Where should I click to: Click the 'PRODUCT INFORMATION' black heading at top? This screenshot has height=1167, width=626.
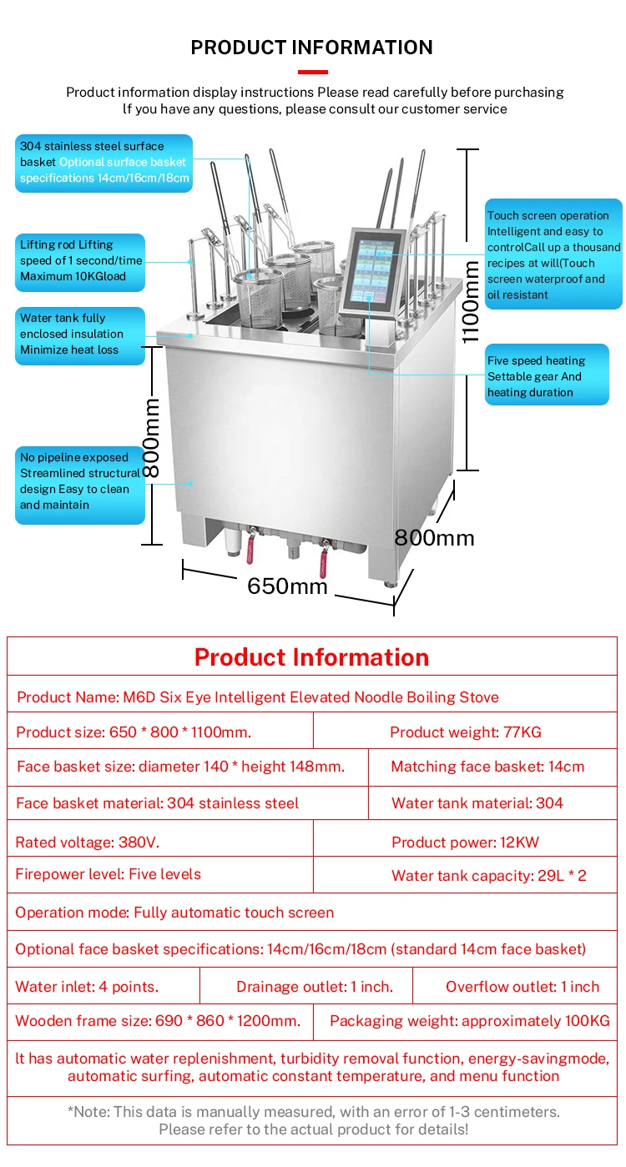click(311, 48)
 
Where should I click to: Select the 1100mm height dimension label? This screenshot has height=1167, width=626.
click(470, 302)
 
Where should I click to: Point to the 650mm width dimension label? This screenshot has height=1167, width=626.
click(287, 586)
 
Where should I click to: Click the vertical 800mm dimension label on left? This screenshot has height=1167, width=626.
click(151, 438)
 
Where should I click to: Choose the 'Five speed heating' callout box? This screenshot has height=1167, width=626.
click(547, 375)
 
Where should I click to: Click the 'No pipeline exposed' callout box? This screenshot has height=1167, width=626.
click(80, 485)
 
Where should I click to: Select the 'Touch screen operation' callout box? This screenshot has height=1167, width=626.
click(553, 254)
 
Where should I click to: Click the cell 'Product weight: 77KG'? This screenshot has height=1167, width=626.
click(466, 732)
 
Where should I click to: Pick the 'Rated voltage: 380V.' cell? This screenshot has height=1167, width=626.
click(160, 842)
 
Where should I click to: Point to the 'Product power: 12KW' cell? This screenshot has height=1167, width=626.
click(466, 842)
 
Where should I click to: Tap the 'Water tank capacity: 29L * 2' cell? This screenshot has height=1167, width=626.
click(466, 875)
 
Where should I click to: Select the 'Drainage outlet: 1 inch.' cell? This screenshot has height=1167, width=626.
click(306, 986)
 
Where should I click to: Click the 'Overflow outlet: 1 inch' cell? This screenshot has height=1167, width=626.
click(515, 986)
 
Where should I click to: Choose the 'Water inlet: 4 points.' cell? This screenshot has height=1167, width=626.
click(103, 986)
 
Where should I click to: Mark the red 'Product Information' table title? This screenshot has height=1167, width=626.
click(311, 657)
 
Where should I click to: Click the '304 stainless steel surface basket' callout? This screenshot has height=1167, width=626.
click(103, 163)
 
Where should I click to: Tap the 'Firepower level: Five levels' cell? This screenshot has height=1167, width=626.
click(160, 874)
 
